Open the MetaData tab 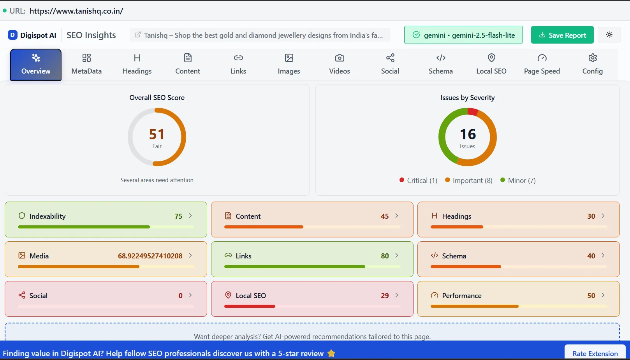click(x=86, y=65)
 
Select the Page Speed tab click(x=542, y=65)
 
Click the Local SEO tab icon click(x=491, y=58)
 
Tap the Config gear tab click(x=592, y=65)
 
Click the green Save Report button click(x=562, y=35)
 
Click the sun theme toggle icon click(x=609, y=35)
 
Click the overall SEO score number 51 click(x=157, y=134)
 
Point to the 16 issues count click(x=468, y=134)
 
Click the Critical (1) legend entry click(x=418, y=181)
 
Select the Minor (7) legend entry click(x=518, y=181)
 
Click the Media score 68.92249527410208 click(x=150, y=256)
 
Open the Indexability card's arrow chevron click(x=190, y=216)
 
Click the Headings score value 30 click(x=591, y=216)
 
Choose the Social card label click(x=38, y=296)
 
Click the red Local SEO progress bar click(x=250, y=306)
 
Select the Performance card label click(x=461, y=296)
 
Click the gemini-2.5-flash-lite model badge click(x=463, y=35)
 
